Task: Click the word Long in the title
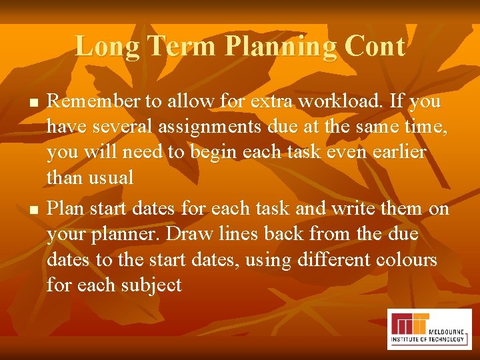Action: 107,47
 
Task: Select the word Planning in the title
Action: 281,47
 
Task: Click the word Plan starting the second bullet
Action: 67,208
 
